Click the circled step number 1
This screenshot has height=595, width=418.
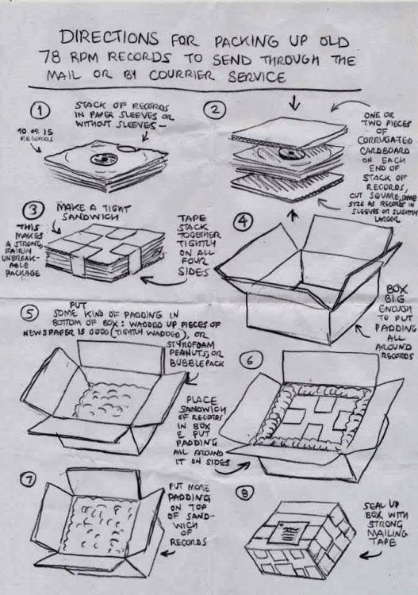pyautogui.click(x=45, y=109)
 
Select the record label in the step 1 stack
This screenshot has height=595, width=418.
pyautogui.click(x=101, y=159)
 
